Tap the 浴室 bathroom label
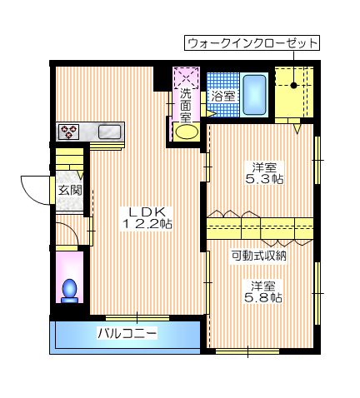pyautogui.click(x=223, y=97)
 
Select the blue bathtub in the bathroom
pyautogui.click(x=255, y=94)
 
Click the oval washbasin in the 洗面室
pyautogui.click(x=187, y=132)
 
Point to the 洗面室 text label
pyautogui.click(x=185, y=106)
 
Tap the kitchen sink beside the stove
pyautogui.click(x=110, y=131)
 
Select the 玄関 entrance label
pyautogui.click(x=69, y=190)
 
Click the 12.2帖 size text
pyautogui.click(x=147, y=224)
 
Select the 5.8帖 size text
pyautogui.click(x=262, y=297)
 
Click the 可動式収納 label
pyautogui.click(x=259, y=256)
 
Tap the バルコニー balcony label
pyautogui.click(x=127, y=334)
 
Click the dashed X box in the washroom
pyautogui.click(x=185, y=77)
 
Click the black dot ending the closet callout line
pyautogui.click(x=295, y=83)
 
